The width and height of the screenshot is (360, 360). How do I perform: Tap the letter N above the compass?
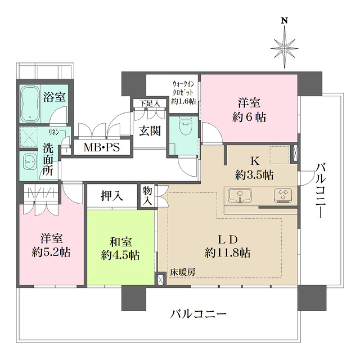coord(285,21)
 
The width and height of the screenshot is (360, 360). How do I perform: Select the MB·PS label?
coord(101,147)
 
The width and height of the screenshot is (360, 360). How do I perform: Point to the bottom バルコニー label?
coord(199,313)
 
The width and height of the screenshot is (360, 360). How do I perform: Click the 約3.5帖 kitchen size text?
coord(254,174)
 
